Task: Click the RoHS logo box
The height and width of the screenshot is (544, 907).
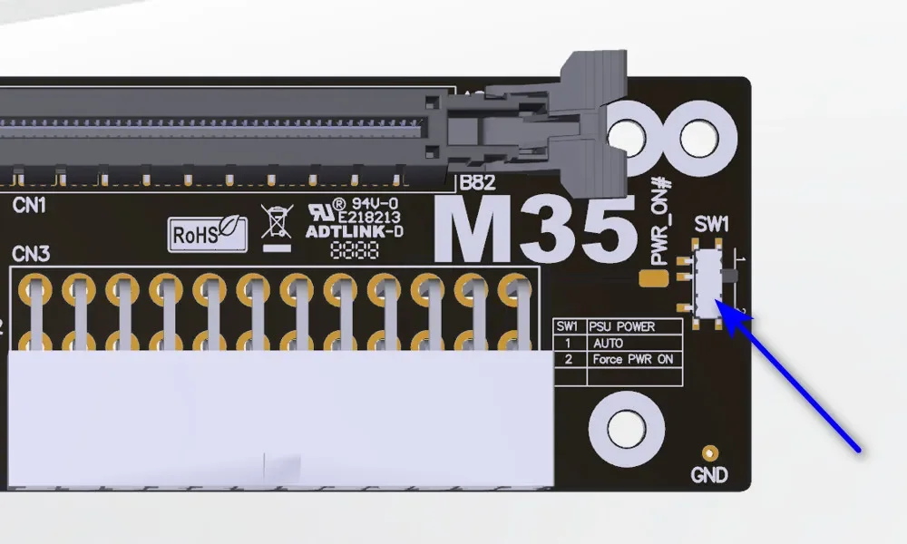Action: pyautogui.click(x=207, y=234)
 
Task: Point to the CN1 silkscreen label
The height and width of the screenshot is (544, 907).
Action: pyautogui.click(x=29, y=206)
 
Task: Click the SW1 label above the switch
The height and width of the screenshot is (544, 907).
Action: pyautogui.click(x=712, y=224)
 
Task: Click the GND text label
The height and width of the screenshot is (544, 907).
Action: pyautogui.click(x=709, y=474)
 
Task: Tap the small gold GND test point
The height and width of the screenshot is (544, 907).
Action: pyautogui.click(x=710, y=452)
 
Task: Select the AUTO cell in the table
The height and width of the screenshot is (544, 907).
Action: pyautogui.click(x=607, y=343)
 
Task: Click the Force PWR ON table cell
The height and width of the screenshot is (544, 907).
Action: pyautogui.click(x=632, y=359)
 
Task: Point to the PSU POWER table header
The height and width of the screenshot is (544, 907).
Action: pyautogui.click(x=621, y=326)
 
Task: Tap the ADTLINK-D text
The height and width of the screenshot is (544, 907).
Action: pyautogui.click(x=354, y=231)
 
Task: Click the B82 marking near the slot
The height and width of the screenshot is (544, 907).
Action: pyautogui.click(x=477, y=182)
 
